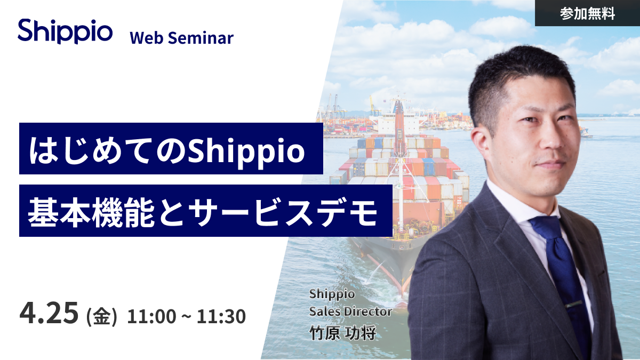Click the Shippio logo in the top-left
[x=65, y=31]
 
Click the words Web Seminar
[x=182, y=38]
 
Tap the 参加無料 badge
[x=587, y=13]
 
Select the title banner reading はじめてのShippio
[x=171, y=149]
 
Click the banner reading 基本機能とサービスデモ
[x=206, y=211]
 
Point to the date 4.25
[x=49, y=314]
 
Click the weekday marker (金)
[x=102, y=316]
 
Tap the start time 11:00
[x=151, y=316]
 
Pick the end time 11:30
[x=221, y=316]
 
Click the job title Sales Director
[x=350, y=311]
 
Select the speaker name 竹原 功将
[x=342, y=333]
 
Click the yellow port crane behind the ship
[x=373, y=105]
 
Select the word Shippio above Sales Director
[x=332, y=294]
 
